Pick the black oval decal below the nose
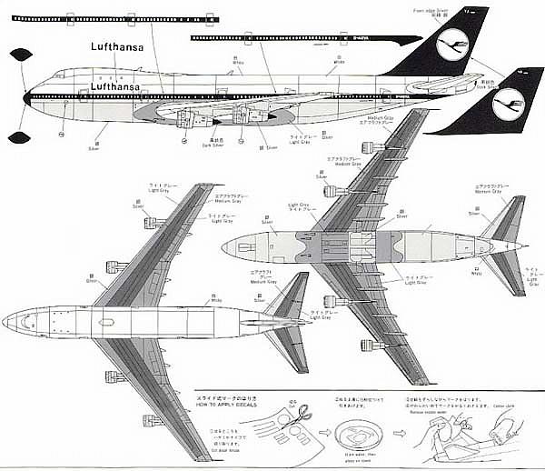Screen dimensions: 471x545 coord(15,137)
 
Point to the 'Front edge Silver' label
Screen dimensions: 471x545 coord(432,11)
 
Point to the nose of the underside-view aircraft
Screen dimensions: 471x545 coord(224,245)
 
